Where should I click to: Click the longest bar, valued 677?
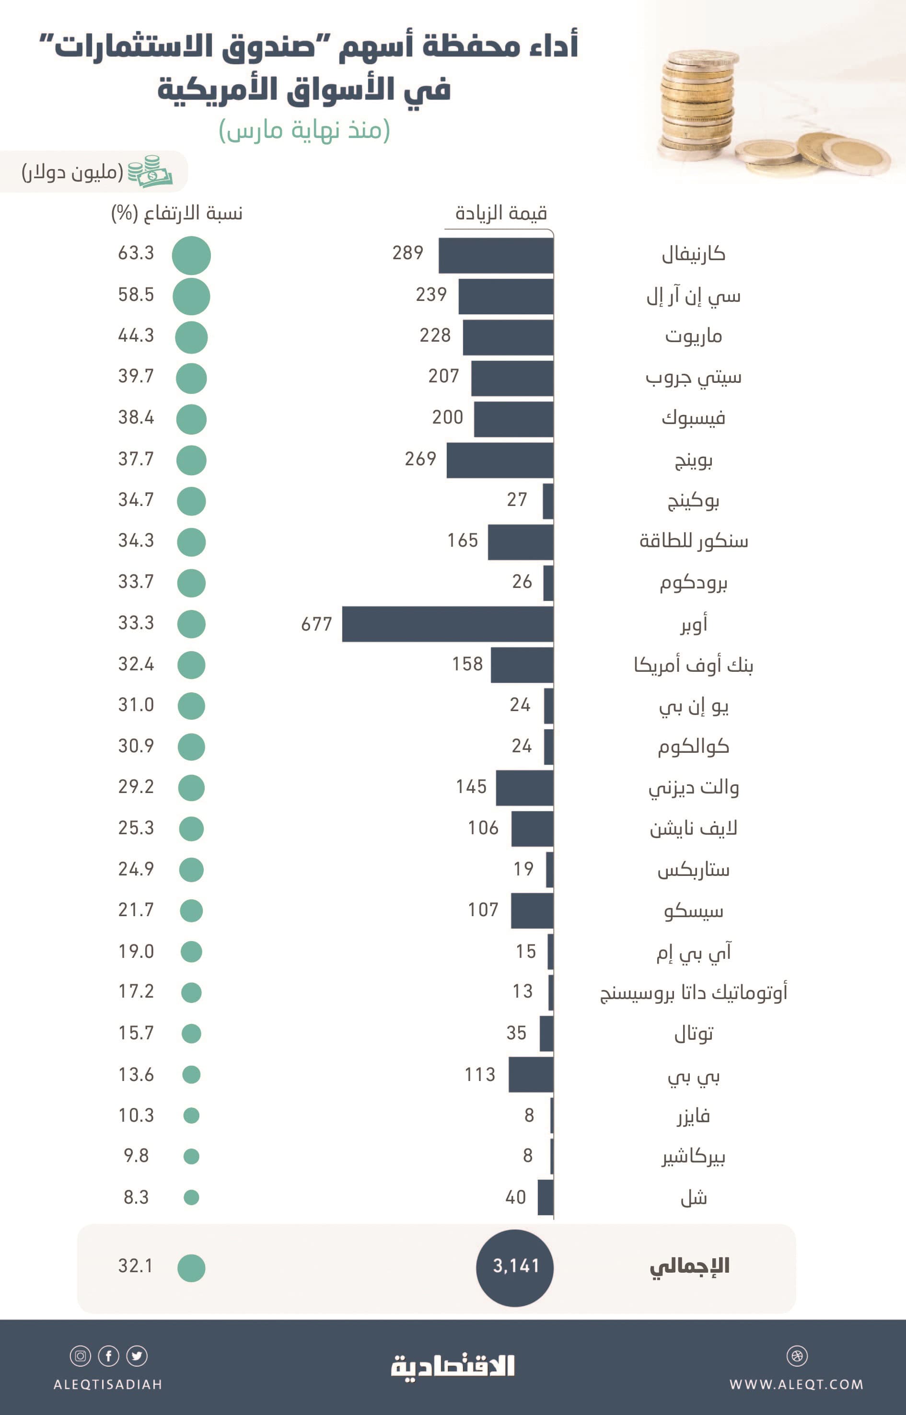[x=447, y=623]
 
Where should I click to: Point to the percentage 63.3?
[x=136, y=253]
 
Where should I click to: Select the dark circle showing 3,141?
[x=515, y=1265]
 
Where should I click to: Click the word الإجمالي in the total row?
[x=689, y=1265]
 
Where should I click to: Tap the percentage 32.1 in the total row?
[x=136, y=1265]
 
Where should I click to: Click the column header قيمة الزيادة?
[x=501, y=213]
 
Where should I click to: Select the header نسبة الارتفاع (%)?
[x=177, y=213]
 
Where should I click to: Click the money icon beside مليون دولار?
[x=150, y=171]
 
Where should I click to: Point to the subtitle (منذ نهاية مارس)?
[x=304, y=130]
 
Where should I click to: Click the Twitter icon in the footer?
[x=137, y=1356]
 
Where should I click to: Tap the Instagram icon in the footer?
[x=81, y=1356]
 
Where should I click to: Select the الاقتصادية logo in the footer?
[x=453, y=1366]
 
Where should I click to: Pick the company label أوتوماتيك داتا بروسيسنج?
[x=693, y=993]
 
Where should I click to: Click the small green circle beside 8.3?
[x=191, y=1197]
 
